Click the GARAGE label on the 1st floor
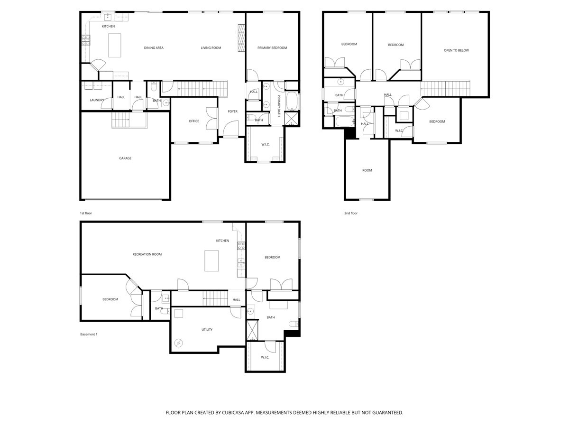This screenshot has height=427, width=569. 125,158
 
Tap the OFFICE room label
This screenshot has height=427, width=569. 194,121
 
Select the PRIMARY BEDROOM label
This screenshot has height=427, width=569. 272,48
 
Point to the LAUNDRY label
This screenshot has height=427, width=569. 97,100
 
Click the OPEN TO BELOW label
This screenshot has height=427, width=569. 456,50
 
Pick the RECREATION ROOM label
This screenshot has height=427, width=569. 147,254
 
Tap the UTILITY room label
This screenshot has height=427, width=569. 207,329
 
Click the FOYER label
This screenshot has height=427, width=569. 233,111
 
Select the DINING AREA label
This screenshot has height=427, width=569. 154,48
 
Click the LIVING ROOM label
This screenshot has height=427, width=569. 211,48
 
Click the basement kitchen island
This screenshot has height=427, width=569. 211,260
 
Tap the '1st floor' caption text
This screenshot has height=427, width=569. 86,213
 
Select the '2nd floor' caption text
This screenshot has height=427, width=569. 351,213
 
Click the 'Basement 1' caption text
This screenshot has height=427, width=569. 89,334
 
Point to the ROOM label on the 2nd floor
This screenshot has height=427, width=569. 367,170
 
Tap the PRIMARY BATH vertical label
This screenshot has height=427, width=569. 279,106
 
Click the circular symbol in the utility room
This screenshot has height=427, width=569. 179,342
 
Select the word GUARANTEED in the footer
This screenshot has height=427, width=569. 385,413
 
